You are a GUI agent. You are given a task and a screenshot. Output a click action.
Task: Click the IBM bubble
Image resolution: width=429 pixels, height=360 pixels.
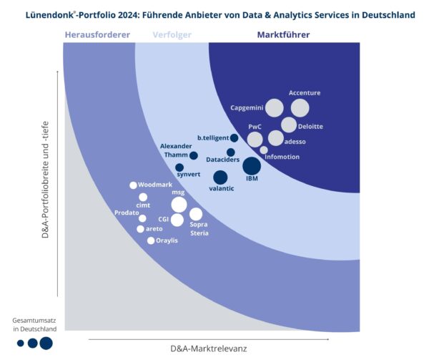pos(252,166)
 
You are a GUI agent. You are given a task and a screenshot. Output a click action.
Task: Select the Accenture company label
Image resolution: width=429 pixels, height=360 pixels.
pos(305,93)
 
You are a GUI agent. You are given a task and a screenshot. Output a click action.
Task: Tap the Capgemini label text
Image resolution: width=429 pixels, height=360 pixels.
pos(247,108)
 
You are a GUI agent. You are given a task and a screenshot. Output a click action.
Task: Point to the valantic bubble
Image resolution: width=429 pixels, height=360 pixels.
pos(220,177)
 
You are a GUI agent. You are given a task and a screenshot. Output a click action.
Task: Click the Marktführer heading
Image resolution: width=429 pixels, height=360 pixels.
pos(285,34)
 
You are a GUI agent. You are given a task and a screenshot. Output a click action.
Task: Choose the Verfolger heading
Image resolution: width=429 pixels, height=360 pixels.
pos(172,34)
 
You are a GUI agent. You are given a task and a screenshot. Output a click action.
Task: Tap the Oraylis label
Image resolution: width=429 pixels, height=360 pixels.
pos(167,240)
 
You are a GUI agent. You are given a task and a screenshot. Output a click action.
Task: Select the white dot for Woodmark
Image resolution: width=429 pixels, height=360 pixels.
pos(133,185)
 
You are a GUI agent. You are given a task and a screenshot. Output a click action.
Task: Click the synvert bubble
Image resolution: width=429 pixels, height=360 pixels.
pos(179,168)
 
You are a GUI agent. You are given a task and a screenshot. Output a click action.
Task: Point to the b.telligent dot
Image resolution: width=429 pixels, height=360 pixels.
pos(234,138)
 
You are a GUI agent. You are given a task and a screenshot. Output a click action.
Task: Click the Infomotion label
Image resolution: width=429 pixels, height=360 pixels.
pos(282,157)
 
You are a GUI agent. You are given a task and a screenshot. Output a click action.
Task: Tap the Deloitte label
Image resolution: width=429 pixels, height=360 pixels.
pos(310,127)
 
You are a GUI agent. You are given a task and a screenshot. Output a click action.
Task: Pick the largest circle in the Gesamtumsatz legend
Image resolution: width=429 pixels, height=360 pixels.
pos(46,344)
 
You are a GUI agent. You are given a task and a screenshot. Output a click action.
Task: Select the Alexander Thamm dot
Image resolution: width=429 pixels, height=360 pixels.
pos(194,155)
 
